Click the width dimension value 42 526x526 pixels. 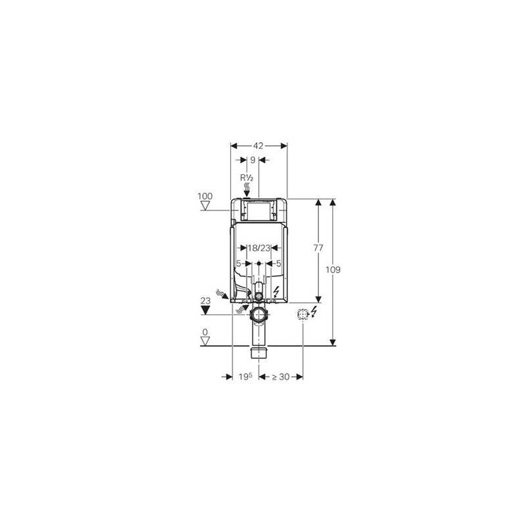[258, 145]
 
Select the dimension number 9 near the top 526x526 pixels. [252, 160]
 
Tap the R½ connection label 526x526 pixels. [247, 178]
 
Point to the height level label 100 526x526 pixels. [205, 196]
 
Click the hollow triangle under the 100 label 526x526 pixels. [205, 206]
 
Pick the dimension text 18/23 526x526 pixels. [258, 248]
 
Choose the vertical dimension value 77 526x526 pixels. [318, 248]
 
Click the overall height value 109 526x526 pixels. [333, 270]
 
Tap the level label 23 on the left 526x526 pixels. [205, 300]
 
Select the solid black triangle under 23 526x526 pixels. [205, 310]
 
